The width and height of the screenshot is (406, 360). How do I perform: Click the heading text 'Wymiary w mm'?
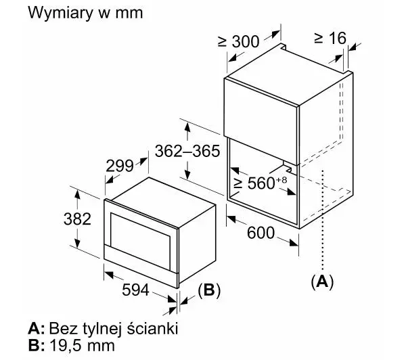[x=85, y=13]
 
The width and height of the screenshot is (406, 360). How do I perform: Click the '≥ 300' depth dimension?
[x=238, y=41]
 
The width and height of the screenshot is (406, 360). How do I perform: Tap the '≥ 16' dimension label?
[x=330, y=38]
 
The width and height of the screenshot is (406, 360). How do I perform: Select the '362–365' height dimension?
[x=187, y=151]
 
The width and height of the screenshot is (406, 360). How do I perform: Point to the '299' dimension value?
[x=120, y=166]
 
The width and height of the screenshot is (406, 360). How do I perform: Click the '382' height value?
[x=77, y=219]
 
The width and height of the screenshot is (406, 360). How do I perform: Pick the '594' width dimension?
[x=135, y=290]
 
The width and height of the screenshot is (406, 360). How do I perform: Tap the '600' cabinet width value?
[x=261, y=232]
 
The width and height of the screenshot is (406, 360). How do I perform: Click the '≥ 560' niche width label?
[x=254, y=183]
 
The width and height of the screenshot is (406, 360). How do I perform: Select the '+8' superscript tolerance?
[x=281, y=179]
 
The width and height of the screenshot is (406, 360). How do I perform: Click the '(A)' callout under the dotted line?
[x=322, y=282]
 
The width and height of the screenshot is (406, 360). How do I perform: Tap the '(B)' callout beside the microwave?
[x=209, y=290]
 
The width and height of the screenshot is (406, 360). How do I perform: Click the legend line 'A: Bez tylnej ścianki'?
[x=103, y=328]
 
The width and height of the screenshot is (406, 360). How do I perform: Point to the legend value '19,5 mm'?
[x=82, y=345]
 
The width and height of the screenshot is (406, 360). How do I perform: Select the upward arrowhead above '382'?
[x=77, y=194]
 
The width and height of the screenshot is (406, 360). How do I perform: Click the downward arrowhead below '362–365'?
[x=187, y=174]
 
